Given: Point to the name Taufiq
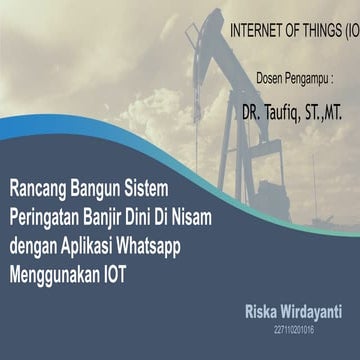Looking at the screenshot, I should point(291,113).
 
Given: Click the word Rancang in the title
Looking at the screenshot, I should point(39,187).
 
